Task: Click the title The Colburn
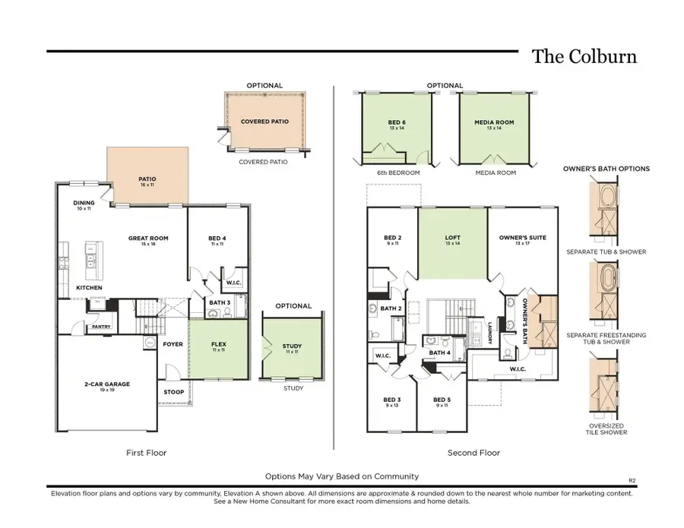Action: point(583,57)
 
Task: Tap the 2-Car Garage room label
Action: point(106,384)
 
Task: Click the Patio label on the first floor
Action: point(147,179)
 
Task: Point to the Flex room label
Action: point(218,344)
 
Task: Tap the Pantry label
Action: point(101,327)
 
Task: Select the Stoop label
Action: point(173,393)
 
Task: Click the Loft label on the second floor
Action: point(452,239)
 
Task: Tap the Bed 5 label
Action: point(442,400)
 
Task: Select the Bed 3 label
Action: point(392,400)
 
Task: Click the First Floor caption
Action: point(146,453)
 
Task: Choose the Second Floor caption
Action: point(473,453)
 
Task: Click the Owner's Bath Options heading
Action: point(606,169)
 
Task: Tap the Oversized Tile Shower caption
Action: point(606,429)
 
